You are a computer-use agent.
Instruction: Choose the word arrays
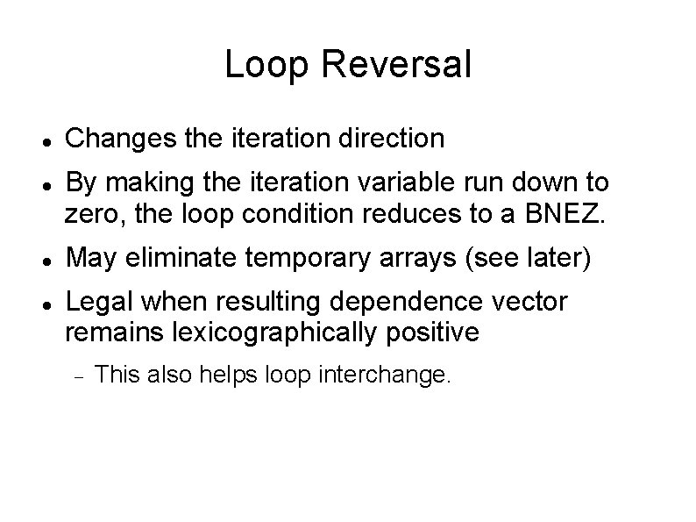click(388, 259)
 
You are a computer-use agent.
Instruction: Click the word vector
click(532, 303)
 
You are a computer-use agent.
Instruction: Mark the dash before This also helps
click(77, 377)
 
